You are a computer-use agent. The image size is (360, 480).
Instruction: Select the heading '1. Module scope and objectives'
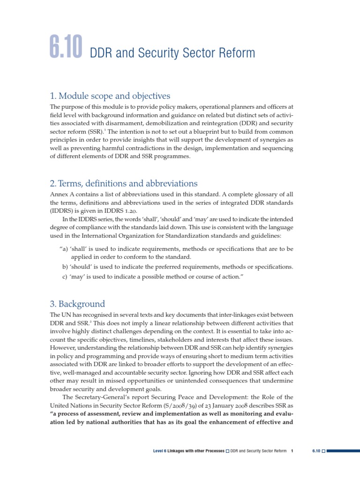[x=110, y=96]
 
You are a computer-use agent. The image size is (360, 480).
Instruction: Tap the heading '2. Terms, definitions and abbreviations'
[x=124, y=183]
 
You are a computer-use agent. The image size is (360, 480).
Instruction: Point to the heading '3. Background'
[x=77, y=304]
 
